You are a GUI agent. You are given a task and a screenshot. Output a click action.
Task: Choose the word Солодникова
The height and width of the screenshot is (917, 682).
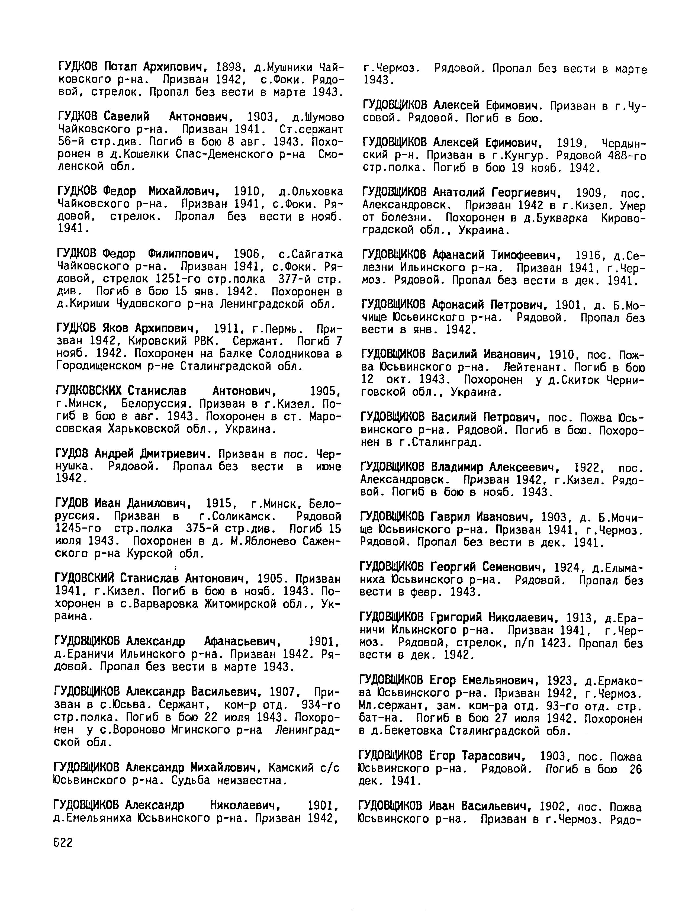click(295, 354)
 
